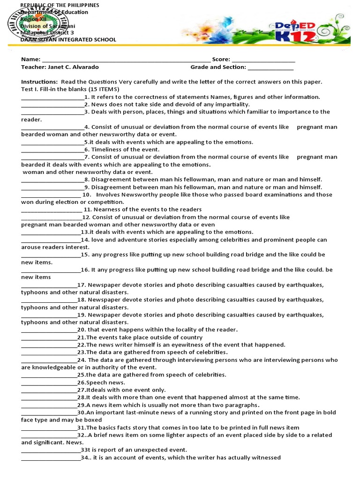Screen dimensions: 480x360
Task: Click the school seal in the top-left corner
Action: pos(37,23)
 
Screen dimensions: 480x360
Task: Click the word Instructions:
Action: pos(39,82)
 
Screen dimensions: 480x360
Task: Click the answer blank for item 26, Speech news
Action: pos(49,383)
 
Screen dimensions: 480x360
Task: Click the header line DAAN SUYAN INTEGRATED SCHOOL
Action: pos(68,40)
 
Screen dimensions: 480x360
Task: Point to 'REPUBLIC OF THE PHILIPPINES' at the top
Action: pos(60,5)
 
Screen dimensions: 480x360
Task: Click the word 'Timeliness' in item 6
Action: pos(107,150)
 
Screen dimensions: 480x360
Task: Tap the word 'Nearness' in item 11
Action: pos(106,210)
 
